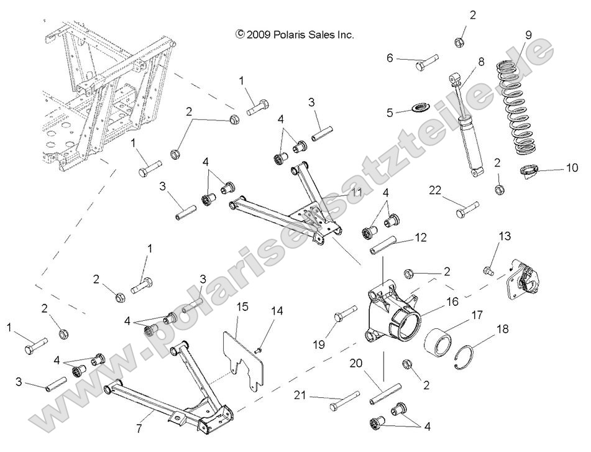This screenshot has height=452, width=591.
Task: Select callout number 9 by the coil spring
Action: pyautogui.click(x=528, y=35)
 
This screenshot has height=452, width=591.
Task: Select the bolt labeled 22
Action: pyautogui.click(x=468, y=208)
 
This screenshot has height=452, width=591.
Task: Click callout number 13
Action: pyautogui.click(x=504, y=236)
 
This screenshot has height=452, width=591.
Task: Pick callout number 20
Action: pyautogui.click(x=373, y=364)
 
